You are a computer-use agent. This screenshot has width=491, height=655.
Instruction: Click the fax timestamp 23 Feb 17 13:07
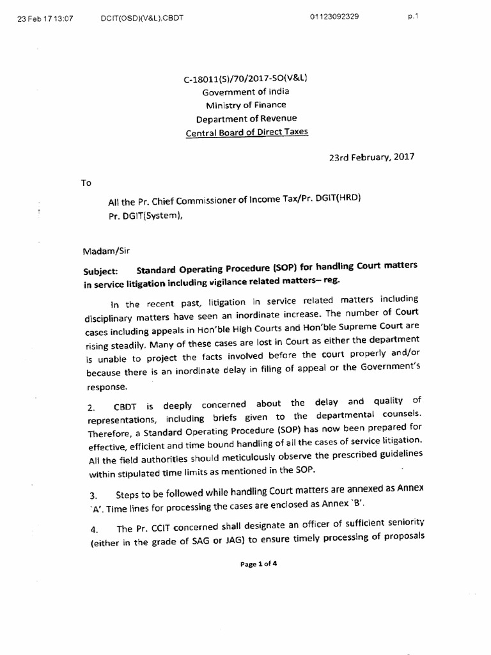tap(45, 18)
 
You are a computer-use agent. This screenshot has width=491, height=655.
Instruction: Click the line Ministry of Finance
tap(245, 105)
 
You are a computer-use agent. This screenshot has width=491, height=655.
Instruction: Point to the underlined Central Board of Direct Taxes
tap(245, 133)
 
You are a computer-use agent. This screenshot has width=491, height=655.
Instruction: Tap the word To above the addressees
tap(86, 183)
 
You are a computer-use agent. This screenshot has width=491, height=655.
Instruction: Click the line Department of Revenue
tap(245, 118)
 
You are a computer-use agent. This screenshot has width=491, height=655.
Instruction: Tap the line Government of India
tap(245, 91)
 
